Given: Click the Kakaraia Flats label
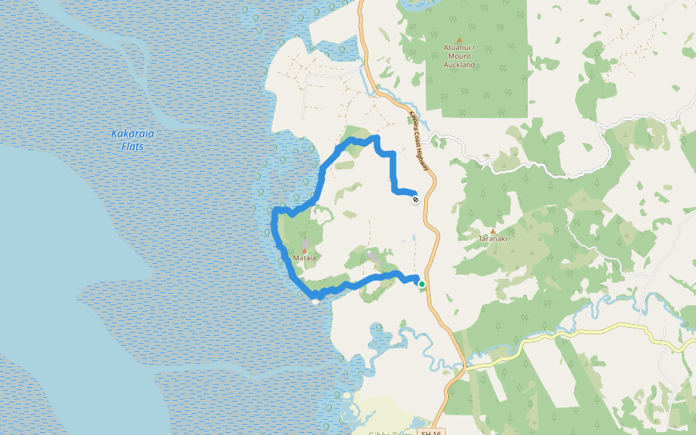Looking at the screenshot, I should (132, 140).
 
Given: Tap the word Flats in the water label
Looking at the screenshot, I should (132, 146).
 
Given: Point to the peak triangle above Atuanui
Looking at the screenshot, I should (459, 40).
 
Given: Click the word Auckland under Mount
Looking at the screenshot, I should (459, 65).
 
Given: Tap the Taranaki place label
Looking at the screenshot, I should (492, 238).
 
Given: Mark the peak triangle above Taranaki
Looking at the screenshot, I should (493, 231).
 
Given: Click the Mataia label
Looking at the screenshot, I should (304, 257).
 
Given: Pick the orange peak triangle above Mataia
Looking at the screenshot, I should (304, 250).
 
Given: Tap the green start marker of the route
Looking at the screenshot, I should (421, 284).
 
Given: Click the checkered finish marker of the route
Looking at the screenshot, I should (415, 199).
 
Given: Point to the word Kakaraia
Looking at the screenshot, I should (132, 133).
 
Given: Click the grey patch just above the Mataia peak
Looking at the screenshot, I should (307, 243).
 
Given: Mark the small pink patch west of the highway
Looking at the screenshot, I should (403, 241).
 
